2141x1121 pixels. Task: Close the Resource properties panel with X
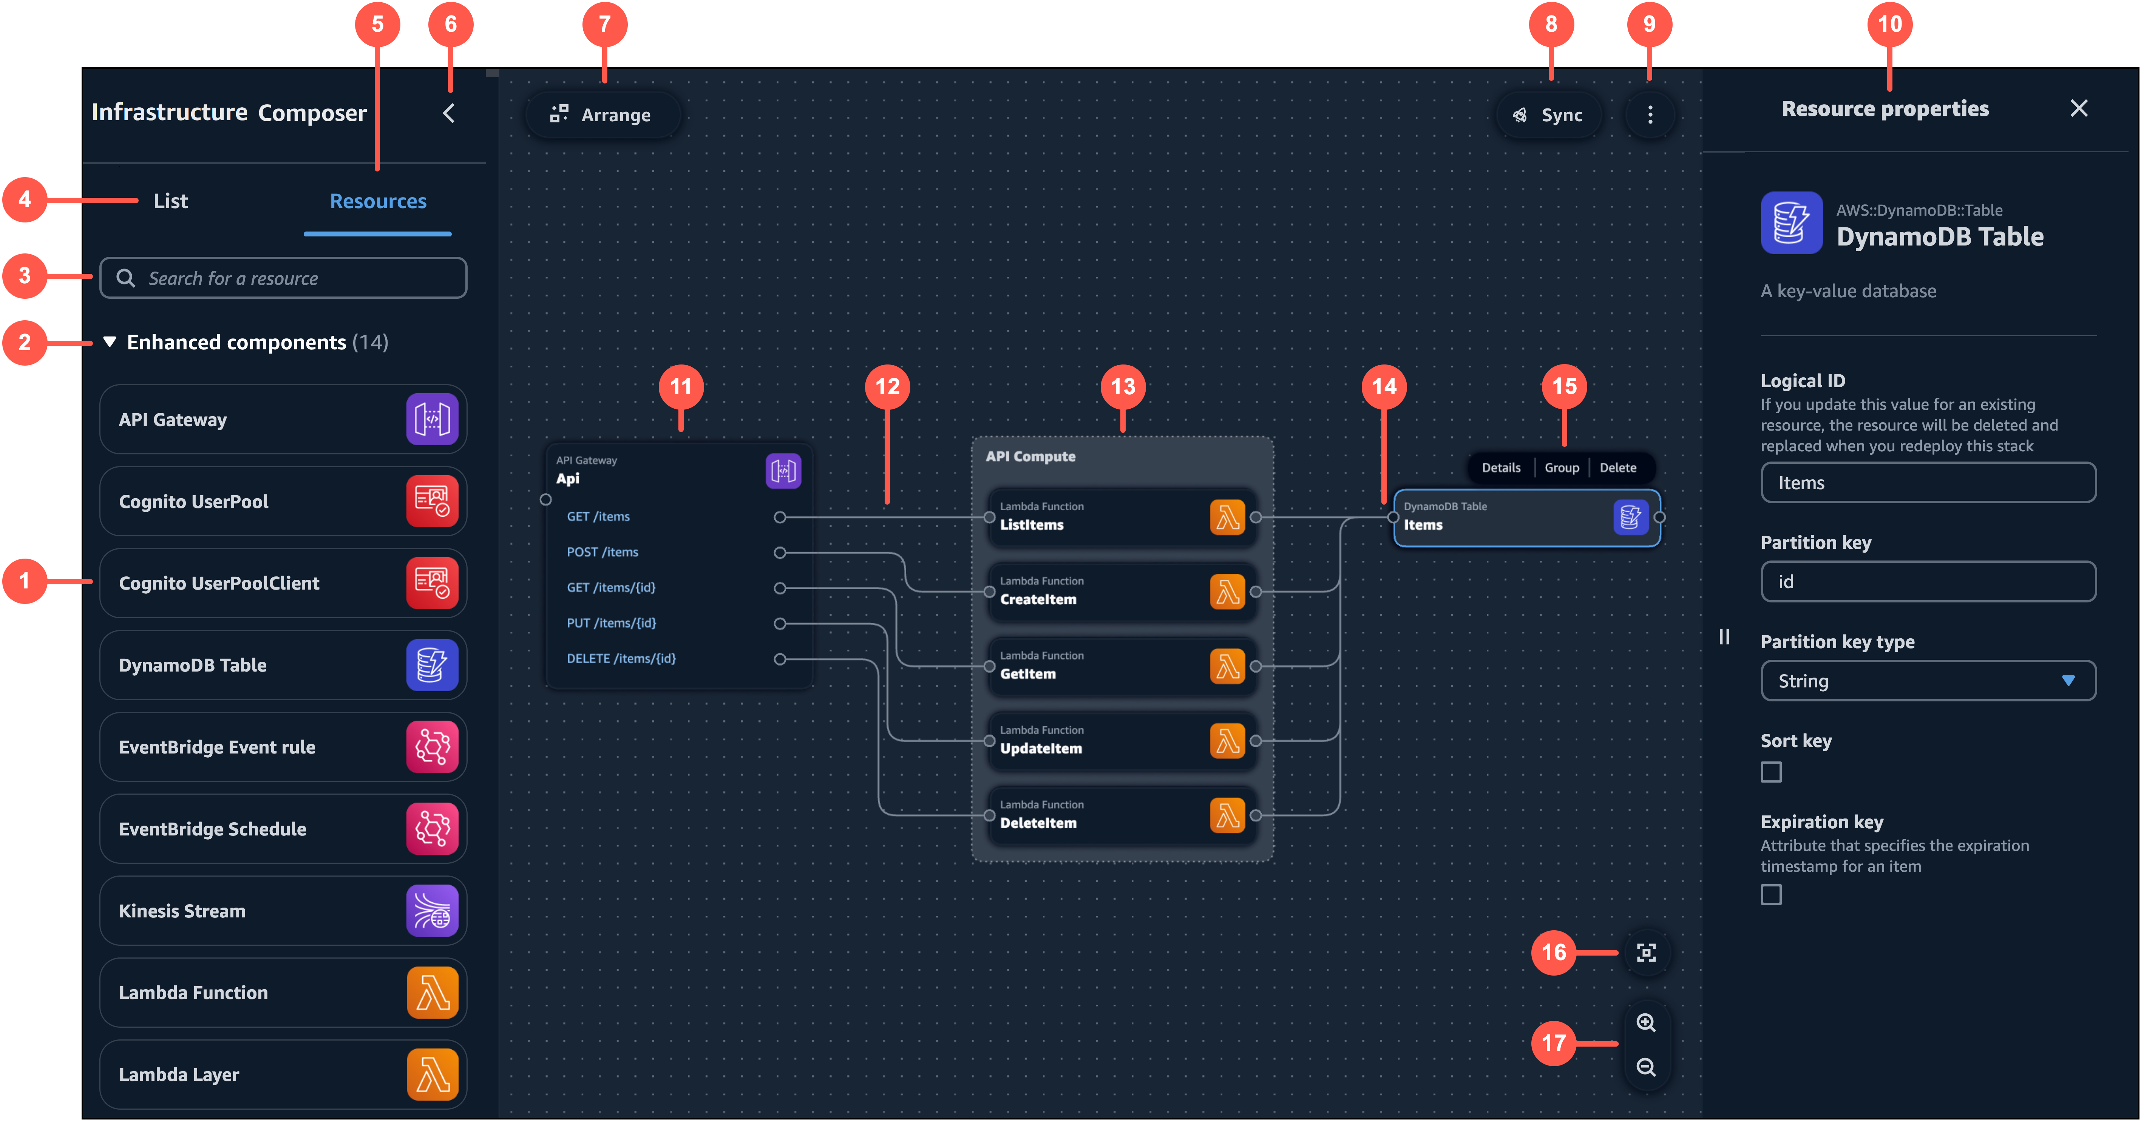pos(2079,109)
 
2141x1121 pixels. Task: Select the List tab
pos(170,201)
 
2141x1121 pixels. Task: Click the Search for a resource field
pos(283,278)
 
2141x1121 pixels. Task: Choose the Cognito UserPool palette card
pos(283,501)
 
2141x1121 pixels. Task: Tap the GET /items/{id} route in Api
pos(611,588)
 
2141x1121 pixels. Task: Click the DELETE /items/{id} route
pos(621,658)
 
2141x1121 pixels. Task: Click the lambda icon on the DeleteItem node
pos(1227,815)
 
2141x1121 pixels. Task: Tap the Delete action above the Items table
pos(1617,468)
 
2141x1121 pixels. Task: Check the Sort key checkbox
pos(1771,772)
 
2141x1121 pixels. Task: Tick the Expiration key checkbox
pos(1771,895)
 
